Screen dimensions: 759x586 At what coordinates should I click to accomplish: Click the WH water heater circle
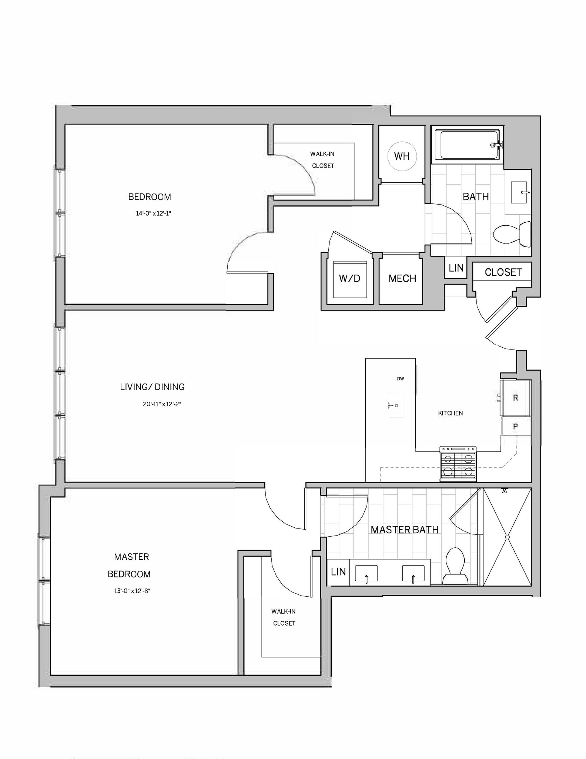click(402, 156)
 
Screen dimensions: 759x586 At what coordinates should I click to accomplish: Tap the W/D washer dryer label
click(349, 278)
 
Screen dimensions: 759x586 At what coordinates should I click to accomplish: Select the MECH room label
click(402, 278)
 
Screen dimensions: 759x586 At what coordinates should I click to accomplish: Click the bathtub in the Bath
click(467, 145)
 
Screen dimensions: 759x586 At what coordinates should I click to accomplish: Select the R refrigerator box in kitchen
click(515, 398)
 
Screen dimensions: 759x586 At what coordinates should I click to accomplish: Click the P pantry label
click(515, 427)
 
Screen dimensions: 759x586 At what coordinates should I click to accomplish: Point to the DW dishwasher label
click(400, 379)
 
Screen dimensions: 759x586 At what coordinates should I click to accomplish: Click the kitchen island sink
click(396, 405)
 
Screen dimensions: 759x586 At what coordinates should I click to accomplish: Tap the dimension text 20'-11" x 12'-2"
click(162, 404)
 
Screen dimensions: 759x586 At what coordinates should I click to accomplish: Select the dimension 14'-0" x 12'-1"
click(153, 213)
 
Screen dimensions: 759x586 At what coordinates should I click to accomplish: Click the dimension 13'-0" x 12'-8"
click(132, 591)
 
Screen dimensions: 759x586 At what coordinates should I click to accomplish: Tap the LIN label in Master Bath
click(338, 572)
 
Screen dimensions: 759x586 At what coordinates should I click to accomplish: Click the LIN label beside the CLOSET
click(456, 268)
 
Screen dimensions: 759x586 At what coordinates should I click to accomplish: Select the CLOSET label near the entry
click(503, 272)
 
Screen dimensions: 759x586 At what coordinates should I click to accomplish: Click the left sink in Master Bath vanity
click(366, 573)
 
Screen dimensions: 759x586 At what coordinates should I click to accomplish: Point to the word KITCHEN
click(450, 413)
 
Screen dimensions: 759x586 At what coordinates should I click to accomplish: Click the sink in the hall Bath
click(519, 192)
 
